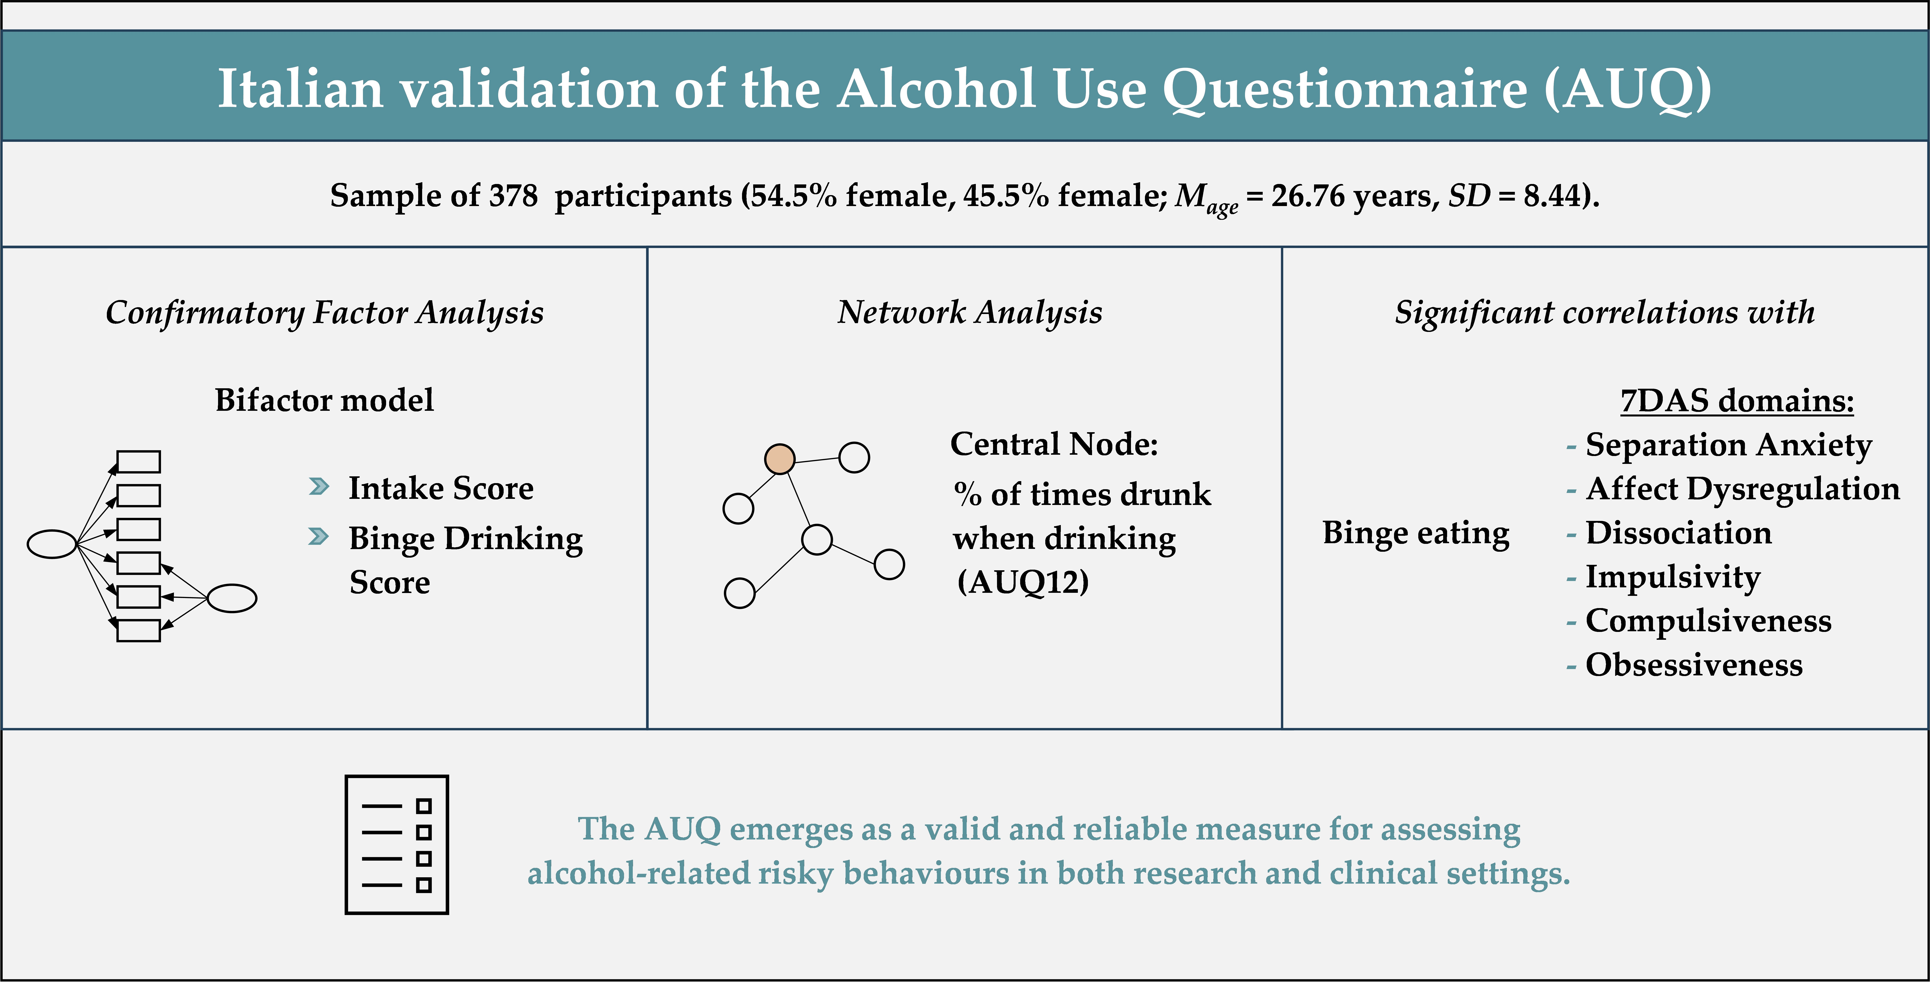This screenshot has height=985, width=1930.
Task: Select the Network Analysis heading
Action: pyautogui.click(x=969, y=312)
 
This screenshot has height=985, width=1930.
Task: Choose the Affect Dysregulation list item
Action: pyautogui.click(x=1743, y=489)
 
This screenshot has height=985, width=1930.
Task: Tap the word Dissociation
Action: pyautogui.click(x=1678, y=533)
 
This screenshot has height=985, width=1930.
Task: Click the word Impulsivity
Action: pyautogui.click(x=1672, y=577)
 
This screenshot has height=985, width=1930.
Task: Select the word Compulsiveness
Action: pyautogui.click(x=1708, y=621)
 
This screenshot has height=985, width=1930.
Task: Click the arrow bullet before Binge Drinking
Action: pyautogui.click(x=318, y=537)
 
